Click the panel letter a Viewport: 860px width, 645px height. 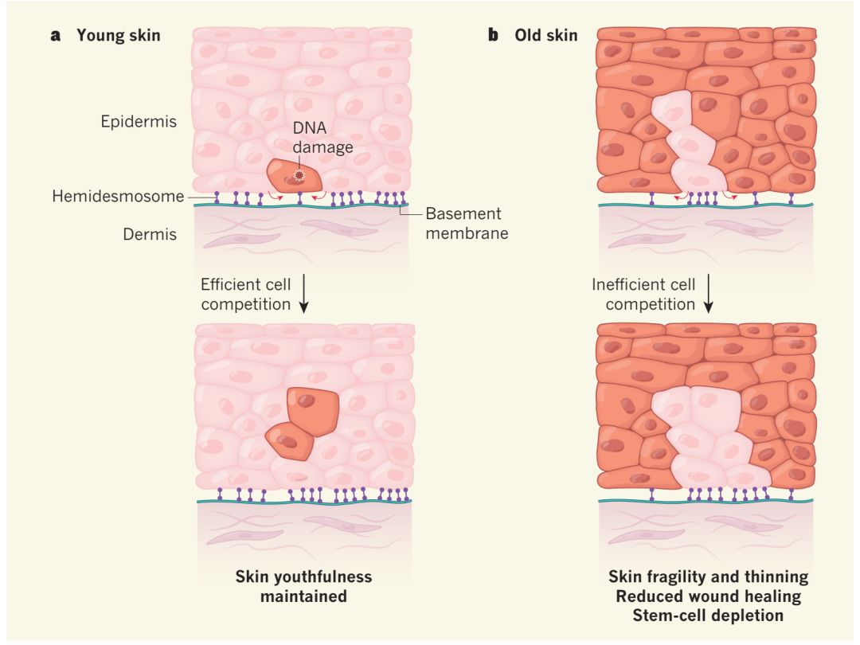pyautogui.click(x=56, y=36)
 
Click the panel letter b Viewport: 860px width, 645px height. pyautogui.click(x=494, y=36)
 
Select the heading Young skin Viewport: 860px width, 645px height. pyautogui.click(x=118, y=36)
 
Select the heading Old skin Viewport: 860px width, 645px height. pyautogui.click(x=546, y=36)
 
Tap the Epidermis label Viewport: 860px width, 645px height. pyautogui.click(x=139, y=122)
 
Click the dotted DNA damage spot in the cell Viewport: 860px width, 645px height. pyautogui.click(x=299, y=176)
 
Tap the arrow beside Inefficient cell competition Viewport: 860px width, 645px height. pyautogui.click(x=708, y=295)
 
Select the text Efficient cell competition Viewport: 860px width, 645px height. pyautogui.click(x=246, y=295)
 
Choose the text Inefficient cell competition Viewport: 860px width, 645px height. pyautogui.click(x=643, y=295)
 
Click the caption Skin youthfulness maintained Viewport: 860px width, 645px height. pyautogui.click(x=303, y=585)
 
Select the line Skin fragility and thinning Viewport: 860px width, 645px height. pyautogui.click(x=708, y=577)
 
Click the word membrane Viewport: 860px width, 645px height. pyautogui.click(x=467, y=234)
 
